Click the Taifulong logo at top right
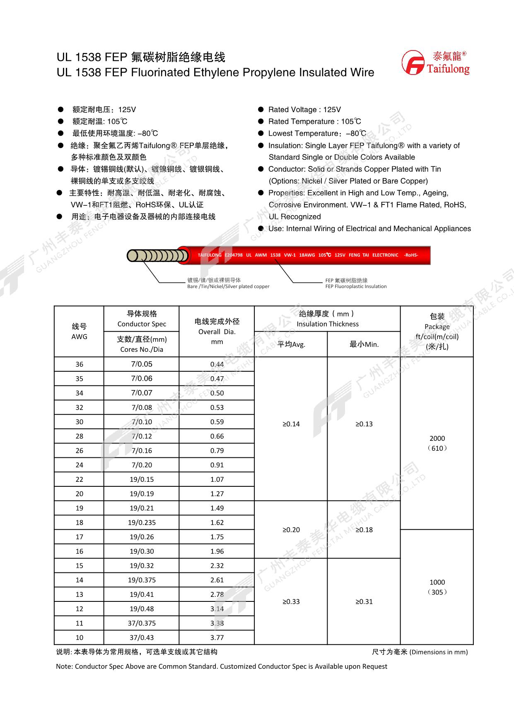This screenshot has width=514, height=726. coord(435,63)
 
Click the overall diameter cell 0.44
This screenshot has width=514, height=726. coord(217,364)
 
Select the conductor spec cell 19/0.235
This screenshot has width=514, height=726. coord(142,522)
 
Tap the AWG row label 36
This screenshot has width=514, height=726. coord(79,364)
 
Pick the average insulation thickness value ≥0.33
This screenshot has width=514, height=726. coord(291,601)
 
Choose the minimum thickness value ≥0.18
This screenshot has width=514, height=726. coord(364,530)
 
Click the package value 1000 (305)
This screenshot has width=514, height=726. coord(437,587)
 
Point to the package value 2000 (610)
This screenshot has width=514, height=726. coord(437,443)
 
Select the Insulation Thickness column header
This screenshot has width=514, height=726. coord(327,319)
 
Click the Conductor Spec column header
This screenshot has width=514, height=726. coord(142,319)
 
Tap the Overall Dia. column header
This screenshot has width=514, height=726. coord(217,331)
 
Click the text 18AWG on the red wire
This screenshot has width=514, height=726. coord(307,255)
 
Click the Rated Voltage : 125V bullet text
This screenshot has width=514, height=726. coord(304,110)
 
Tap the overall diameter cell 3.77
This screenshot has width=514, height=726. coord(217,637)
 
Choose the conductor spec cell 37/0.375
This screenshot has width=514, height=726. coord(142,623)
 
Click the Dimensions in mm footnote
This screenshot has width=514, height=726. coord(420,652)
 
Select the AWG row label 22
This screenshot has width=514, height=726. coord(79,479)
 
